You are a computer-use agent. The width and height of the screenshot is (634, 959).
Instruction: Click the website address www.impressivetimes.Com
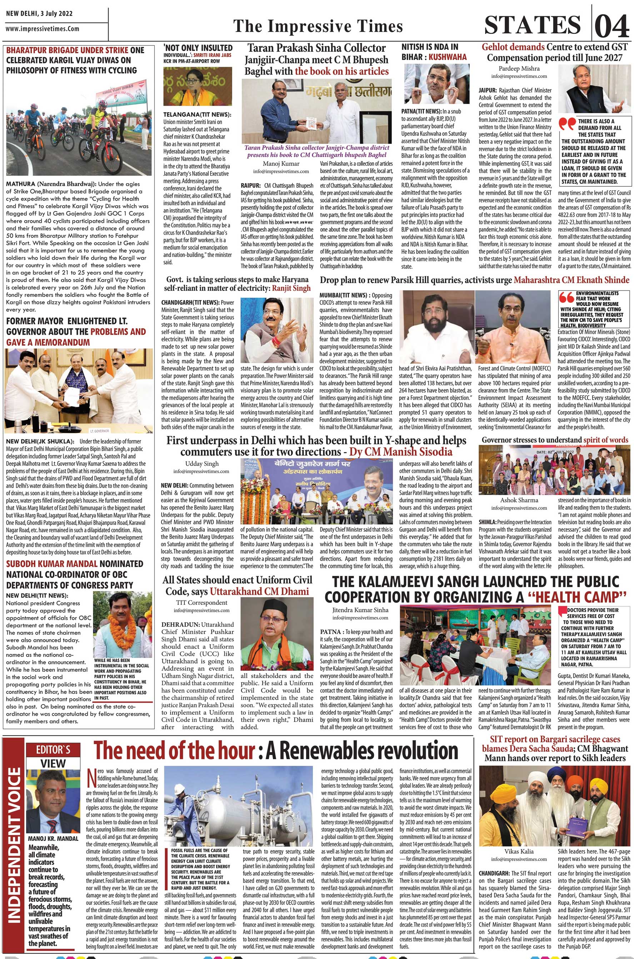(43, 29)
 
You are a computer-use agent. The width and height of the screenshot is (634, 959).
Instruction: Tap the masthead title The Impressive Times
(318, 26)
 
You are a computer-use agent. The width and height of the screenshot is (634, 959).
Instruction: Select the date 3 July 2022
(56, 13)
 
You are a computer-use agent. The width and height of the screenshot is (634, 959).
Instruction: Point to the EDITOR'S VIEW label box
(53, 755)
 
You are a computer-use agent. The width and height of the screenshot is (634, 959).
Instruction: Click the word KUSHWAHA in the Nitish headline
(447, 57)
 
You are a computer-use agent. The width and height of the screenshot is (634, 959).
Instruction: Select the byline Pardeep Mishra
(518, 69)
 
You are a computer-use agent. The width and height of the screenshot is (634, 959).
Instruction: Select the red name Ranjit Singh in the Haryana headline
(291, 288)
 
